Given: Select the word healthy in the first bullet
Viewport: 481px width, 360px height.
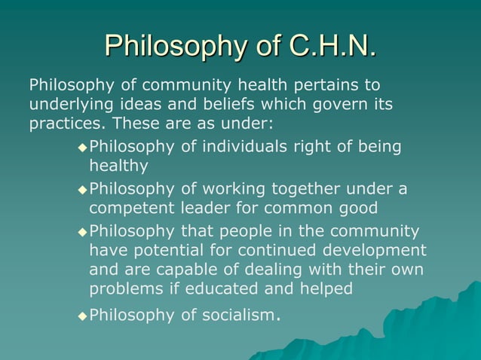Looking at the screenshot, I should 118,166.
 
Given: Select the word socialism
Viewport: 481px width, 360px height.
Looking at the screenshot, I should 234,315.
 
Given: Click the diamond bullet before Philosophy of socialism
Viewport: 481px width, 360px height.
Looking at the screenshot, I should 82,316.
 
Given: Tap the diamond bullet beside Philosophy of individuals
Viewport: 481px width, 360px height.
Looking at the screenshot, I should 82,147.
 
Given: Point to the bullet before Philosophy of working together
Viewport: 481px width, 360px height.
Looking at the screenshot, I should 82,189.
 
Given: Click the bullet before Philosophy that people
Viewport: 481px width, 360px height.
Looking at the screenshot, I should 82,231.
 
